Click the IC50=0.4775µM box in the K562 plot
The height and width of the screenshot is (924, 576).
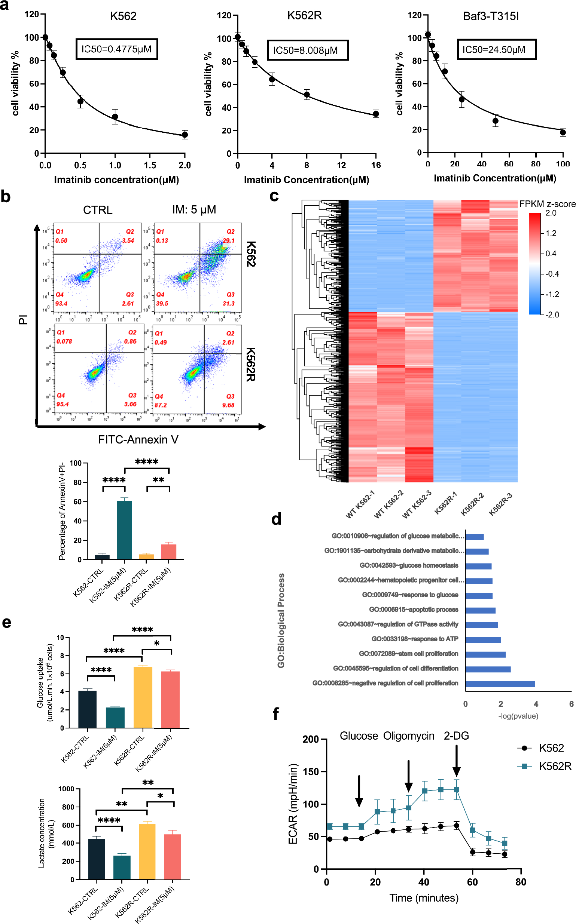coord(116,49)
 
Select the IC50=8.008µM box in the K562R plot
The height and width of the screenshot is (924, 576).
coord(307,50)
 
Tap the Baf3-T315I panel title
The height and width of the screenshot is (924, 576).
coord(491,16)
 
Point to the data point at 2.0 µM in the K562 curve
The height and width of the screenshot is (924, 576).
coord(185,134)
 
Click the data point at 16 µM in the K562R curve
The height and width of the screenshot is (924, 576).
coord(376,114)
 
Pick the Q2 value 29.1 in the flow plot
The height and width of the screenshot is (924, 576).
coord(229,240)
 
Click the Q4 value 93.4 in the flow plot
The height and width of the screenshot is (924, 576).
coord(61,303)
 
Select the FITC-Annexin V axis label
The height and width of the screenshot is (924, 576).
coord(138,439)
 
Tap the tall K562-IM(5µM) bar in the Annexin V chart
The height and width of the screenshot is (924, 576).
coord(124,530)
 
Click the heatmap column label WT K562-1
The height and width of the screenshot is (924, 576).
coord(360,504)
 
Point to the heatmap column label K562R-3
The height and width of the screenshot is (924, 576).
coord(500,504)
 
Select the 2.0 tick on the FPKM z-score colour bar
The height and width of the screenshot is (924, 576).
coord(551,213)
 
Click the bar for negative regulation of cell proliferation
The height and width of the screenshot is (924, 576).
coord(500,684)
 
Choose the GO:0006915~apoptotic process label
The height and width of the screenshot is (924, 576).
coord(413,610)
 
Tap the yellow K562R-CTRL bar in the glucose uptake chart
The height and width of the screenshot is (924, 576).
coord(143,697)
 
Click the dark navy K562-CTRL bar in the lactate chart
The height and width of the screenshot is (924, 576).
coord(97,859)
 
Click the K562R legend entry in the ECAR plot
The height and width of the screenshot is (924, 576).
coord(545,766)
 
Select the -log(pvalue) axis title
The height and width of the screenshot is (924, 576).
coord(518,716)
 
